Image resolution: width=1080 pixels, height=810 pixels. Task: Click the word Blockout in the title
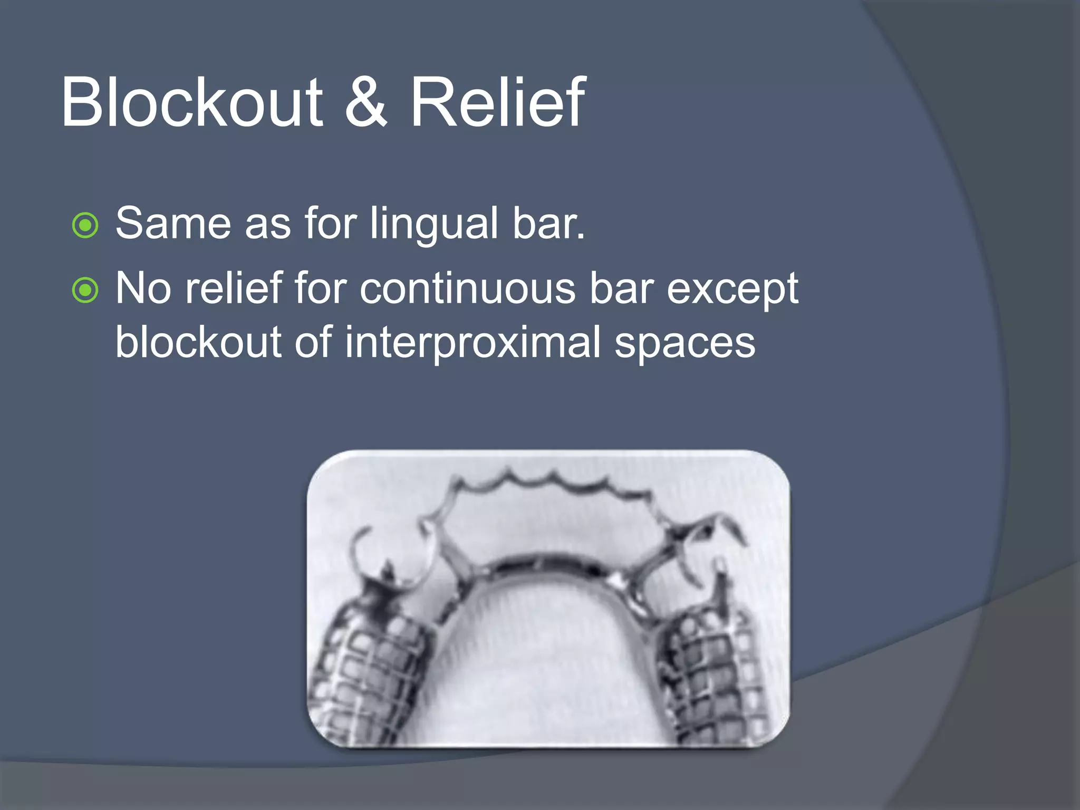[191, 102]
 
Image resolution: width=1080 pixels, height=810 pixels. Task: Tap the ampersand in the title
[366, 102]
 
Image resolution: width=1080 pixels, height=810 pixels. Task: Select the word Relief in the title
[497, 102]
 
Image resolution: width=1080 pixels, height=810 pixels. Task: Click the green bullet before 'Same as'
[85, 225]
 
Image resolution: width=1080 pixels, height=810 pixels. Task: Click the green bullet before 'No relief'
[85, 290]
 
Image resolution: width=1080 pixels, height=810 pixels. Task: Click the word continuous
[468, 289]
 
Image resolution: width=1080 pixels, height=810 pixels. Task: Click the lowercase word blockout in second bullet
[198, 342]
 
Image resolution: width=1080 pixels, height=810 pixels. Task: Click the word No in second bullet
[143, 289]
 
